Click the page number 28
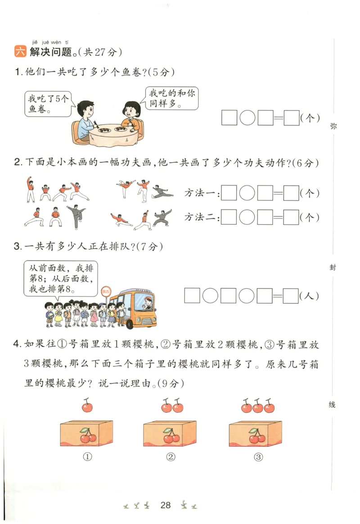click(166, 505)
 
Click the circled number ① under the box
click(87, 457)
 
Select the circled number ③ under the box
click(258, 457)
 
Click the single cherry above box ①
click(87, 406)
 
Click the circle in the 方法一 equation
click(247, 193)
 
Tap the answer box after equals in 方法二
click(292, 217)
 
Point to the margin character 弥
click(333, 126)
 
